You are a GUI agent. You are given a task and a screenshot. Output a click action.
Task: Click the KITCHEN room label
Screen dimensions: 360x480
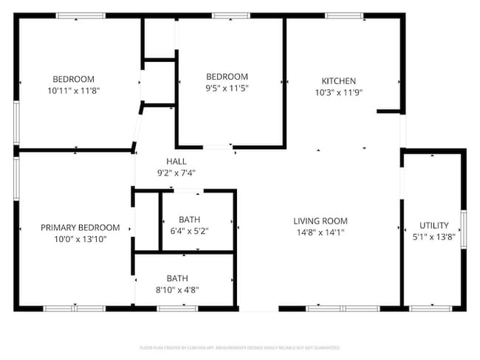[338, 81]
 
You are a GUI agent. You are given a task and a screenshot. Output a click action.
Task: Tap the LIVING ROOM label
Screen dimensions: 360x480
[320, 221]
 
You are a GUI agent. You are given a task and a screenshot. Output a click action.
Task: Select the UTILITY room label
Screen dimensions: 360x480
[433, 225]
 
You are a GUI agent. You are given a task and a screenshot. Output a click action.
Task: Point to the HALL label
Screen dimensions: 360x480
[176, 162]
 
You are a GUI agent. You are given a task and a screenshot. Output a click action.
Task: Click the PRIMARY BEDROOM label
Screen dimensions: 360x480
[80, 228]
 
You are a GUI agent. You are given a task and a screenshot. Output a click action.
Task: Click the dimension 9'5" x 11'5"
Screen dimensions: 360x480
[226, 88]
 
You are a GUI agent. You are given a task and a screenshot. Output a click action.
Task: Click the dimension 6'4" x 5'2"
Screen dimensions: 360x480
[189, 231]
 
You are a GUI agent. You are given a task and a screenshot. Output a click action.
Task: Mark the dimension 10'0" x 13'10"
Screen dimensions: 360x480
[80, 239]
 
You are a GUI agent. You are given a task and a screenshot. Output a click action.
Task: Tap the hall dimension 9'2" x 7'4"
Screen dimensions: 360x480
[176, 173]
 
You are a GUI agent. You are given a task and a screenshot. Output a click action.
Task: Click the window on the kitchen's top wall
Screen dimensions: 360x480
[344, 15]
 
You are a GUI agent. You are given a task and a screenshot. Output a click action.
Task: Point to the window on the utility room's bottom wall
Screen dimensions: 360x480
[425, 308]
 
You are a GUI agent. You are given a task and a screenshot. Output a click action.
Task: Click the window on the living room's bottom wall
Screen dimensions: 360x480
[329, 308]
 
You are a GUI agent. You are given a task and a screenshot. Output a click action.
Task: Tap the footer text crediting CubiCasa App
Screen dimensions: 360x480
[240, 347]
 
